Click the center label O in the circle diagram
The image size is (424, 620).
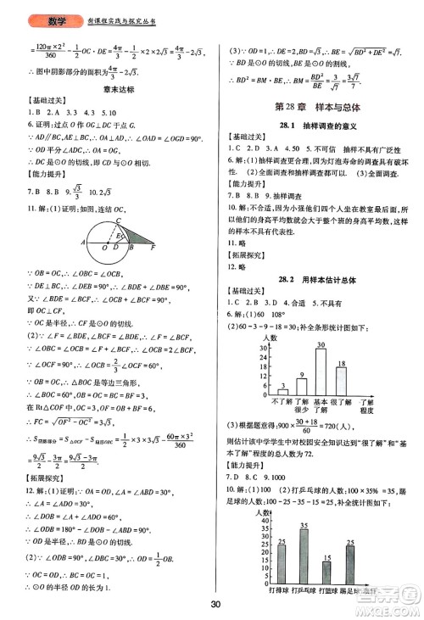pyautogui.click(x=104, y=226)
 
